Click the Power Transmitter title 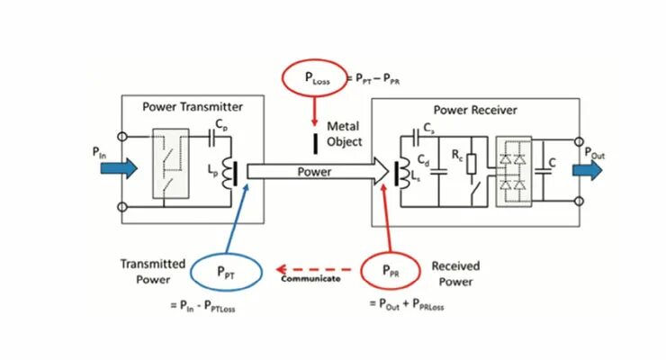(x=193, y=106)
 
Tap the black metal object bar (x=314, y=142)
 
